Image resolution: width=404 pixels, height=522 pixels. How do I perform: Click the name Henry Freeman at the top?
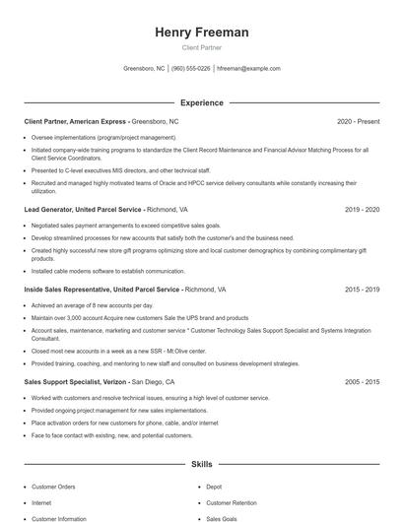201,33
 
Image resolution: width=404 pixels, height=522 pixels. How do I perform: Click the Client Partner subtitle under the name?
201,47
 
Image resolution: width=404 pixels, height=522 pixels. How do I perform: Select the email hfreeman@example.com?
248,69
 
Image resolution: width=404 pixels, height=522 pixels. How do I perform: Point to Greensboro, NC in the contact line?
144,69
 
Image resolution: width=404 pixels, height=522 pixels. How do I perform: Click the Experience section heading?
201,102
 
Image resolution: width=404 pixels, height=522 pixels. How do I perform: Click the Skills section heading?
201,463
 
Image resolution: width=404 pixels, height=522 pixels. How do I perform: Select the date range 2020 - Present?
358,121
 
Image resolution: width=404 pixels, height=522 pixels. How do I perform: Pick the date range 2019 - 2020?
362,210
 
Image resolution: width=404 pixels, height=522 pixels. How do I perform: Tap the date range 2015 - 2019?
362,291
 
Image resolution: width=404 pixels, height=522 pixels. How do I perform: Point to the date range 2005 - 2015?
362,381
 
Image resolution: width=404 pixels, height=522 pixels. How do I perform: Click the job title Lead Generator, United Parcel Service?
83,210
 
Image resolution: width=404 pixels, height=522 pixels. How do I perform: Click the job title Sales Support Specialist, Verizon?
76,381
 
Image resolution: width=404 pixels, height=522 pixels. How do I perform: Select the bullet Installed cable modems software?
95,271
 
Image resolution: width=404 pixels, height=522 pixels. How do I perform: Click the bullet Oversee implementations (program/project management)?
103,138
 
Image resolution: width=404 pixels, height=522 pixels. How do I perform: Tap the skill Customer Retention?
231,502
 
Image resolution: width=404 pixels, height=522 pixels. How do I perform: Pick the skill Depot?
214,487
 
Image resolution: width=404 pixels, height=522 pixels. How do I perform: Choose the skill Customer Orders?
53,487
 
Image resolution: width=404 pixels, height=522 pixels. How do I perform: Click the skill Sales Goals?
222,518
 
